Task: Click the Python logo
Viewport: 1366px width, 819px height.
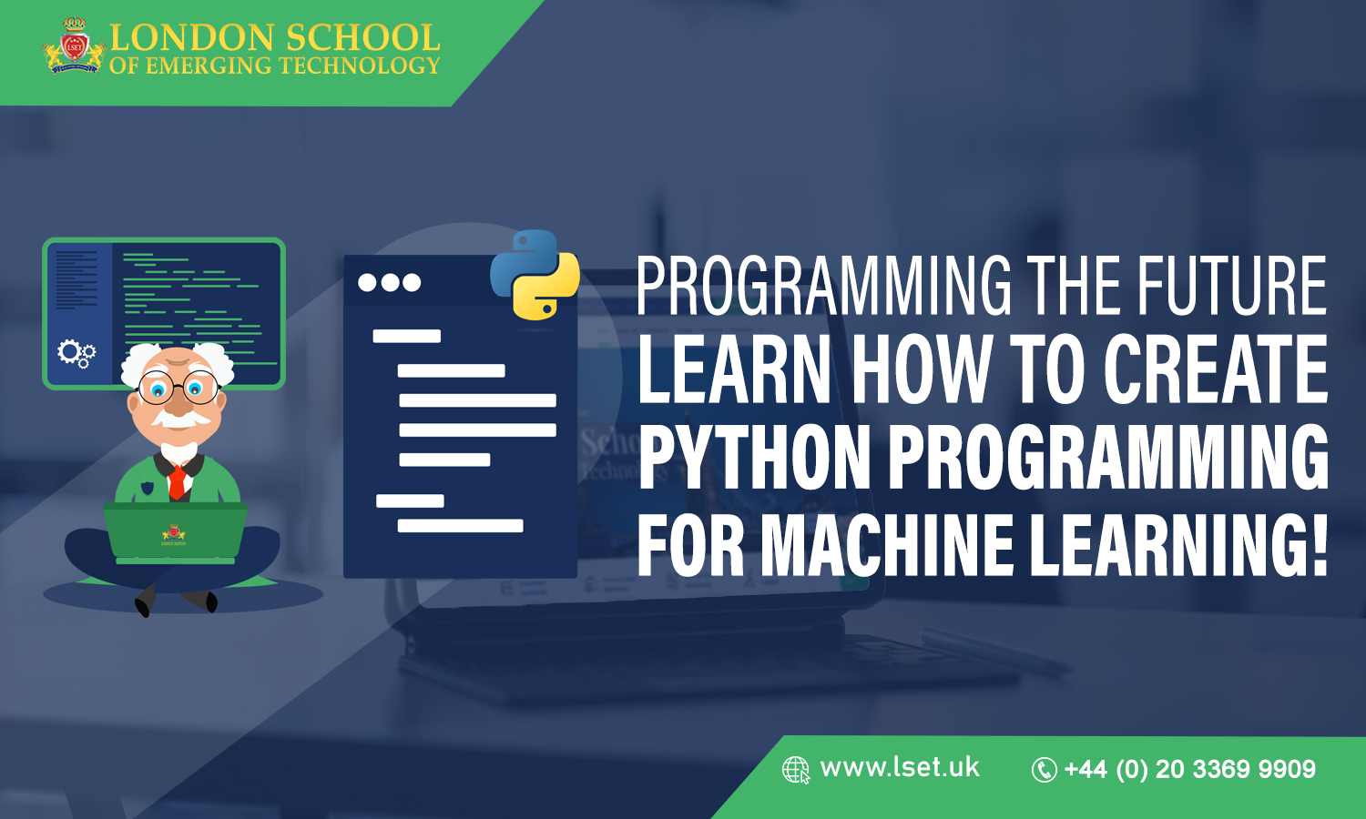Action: (x=535, y=274)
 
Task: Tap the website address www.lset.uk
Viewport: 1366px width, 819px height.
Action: (x=900, y=767)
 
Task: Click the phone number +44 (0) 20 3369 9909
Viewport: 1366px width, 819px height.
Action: (x=1189, y=769)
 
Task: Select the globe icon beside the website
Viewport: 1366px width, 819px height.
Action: (x=795, y=770)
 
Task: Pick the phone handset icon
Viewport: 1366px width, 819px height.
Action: (x=1044, y=770)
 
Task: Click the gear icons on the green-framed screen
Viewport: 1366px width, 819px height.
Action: (x=76, y=352)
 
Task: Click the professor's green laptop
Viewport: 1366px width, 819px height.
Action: (x=175, y=532)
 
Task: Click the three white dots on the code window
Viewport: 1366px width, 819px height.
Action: (x=389, y=282)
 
